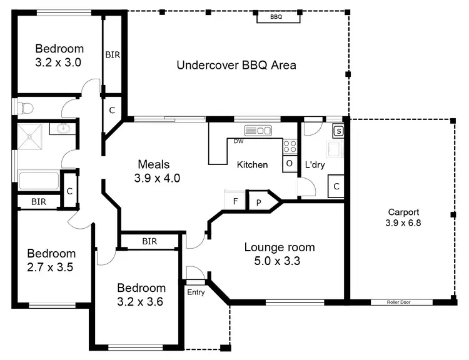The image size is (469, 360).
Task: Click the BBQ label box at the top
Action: [276, 17]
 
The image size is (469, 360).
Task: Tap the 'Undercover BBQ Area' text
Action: [236, 65]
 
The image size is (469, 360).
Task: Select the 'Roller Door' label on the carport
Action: [401, 302]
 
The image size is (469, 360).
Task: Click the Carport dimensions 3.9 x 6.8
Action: [403, 222]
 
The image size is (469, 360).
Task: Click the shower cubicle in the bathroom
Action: [31, 136]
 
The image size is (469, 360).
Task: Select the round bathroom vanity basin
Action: [64, 129]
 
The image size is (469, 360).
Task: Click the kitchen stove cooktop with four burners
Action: [290, 146]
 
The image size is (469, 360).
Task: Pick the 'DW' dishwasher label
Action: [238, 141]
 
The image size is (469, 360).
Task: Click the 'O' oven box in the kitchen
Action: [289, 163]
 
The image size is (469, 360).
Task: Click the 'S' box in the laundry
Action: [338, 131]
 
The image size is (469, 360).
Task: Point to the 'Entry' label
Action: [196, 292]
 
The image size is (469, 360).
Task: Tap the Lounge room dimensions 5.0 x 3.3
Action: [279, 261]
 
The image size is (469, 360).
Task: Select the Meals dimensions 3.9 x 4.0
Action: [157, 178]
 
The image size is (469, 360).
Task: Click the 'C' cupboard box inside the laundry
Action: [336, 186]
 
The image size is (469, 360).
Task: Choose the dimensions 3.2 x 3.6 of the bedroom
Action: [141, 301]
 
